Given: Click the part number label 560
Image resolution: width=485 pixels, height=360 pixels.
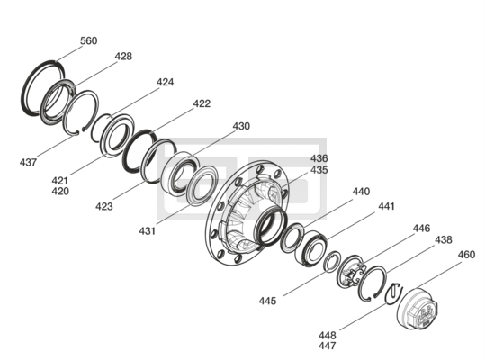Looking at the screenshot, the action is click(x=89, y=40).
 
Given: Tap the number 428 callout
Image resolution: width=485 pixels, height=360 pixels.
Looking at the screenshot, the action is click(x=123, y=57).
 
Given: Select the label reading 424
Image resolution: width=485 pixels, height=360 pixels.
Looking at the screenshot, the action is click(x=165, y=82).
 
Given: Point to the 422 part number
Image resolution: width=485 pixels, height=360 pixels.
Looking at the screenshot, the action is click(x=202, y=103).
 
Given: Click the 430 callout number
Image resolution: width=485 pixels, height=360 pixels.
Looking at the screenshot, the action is click(x=241, y=126).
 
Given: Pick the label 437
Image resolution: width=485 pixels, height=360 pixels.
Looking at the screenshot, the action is click(x=28, y=162).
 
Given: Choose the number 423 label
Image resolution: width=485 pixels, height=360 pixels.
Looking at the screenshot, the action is click(x=104, y=206).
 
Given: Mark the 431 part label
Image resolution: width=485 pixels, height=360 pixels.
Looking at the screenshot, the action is click(x=148, y=231).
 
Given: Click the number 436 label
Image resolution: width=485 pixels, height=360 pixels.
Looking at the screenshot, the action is click(x=319, y=158).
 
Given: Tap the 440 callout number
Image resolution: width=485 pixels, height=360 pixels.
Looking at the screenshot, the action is click(x=361, y=192).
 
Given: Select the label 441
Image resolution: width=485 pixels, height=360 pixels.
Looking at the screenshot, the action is click(x=386, y=206).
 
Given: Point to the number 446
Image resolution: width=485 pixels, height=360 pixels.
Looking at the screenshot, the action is click(x=421, y=229).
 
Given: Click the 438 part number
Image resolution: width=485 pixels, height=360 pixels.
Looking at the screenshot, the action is click(x=444, y=239).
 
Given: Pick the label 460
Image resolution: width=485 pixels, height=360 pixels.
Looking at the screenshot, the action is click(x=466, y=255).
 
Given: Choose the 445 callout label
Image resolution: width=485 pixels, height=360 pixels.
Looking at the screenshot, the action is click(x=267, y=301).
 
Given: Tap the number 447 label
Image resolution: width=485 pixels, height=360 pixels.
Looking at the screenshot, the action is click(x=328, y=346).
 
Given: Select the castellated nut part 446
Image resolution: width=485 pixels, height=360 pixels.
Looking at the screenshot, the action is click(x=350, y=272).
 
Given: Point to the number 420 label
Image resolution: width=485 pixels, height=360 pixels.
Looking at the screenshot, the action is click(x=60, y=192).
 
